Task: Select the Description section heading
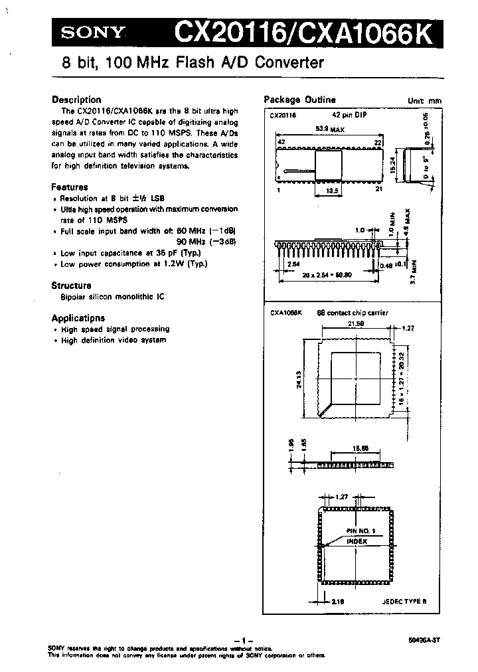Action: pos(76,100)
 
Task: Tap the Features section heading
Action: pos(70,187)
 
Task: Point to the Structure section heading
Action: pos(72,285)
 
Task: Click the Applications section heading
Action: pos(78,317)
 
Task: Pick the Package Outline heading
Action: pos(299,100)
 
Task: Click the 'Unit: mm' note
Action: pos(425,101)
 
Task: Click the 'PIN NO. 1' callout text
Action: pos(361,531)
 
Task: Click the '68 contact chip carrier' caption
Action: pos(353,312)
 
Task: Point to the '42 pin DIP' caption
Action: pos(351,115)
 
